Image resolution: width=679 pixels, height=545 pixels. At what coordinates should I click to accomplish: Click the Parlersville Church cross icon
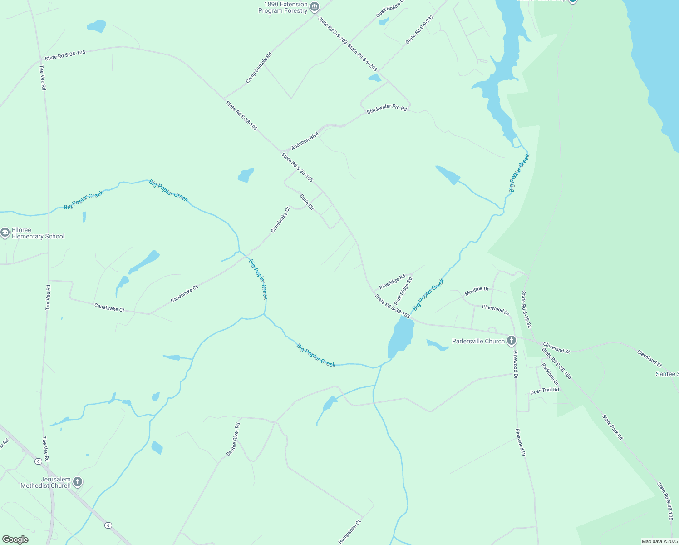[x=511, y=341]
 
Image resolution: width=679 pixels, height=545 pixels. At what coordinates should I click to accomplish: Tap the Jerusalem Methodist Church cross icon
[x=78, y=481]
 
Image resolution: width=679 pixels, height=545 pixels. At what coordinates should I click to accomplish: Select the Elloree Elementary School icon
[x=5, y=233]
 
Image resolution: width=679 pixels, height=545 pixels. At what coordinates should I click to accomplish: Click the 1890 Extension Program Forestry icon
[x=315, y=7]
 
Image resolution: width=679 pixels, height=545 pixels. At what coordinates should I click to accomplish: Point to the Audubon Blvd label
[x=305, y=141]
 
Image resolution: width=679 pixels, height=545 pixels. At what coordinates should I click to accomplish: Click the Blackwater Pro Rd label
[x=387, y=109]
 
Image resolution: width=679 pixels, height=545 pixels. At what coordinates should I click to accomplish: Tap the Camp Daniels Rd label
[x=259, y=68]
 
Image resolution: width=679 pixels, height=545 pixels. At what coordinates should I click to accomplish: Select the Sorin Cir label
[x=307, y=202]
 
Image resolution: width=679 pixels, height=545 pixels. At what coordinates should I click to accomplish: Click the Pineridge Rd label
[x=392, y=282]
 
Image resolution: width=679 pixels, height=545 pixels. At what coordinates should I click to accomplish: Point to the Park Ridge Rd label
[x=403, y=291]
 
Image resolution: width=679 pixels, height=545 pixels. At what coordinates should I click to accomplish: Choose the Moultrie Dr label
[x=477, y=291]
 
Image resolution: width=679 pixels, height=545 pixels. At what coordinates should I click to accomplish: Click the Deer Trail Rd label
[x=545, y=391]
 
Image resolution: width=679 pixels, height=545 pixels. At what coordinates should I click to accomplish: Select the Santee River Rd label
[x=233, y=439]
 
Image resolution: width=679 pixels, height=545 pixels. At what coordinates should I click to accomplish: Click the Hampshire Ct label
[x=349, y=532]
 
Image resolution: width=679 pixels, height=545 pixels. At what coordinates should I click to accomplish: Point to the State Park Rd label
[x=613, y=427]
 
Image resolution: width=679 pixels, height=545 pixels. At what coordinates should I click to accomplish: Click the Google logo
[x=15, y=540]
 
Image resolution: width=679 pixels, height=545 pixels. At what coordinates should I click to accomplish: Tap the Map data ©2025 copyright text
[x=659, y=541]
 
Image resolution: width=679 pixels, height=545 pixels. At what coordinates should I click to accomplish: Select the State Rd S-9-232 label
[x=420, y=29]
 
